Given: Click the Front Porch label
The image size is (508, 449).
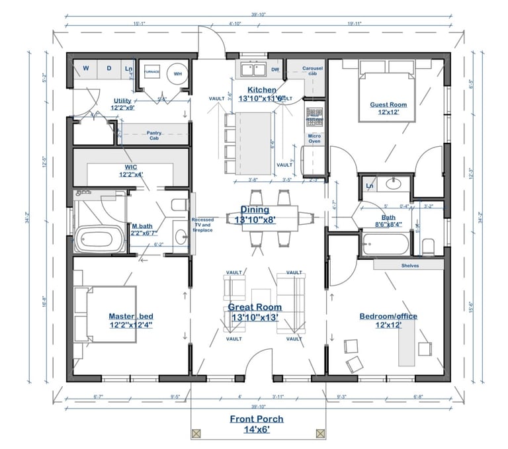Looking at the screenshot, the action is point(256,423).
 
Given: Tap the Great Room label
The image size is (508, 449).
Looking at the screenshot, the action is point(255,311).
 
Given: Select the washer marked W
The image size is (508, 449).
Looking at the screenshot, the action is point(85,69).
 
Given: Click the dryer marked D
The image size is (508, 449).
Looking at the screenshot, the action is point(108,69).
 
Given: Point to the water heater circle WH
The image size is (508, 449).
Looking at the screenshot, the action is point(177,73).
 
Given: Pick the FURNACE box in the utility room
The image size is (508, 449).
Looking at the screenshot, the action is point(152,70).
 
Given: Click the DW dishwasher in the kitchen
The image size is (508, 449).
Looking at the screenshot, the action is point(275,69).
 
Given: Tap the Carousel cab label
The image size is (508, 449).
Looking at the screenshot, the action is point(313,70).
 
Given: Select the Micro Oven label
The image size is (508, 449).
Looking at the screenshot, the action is point(314,138).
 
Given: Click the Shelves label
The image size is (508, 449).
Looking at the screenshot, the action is point(410,265).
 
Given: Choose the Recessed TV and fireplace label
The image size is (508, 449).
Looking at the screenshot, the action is point(202,225).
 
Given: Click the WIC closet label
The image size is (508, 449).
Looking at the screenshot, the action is point(131,171).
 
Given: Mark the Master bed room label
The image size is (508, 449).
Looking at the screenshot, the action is point(130,320).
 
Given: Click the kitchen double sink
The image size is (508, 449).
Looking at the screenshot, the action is point(252,69).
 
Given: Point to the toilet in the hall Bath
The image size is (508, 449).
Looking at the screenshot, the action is point(428,246).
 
